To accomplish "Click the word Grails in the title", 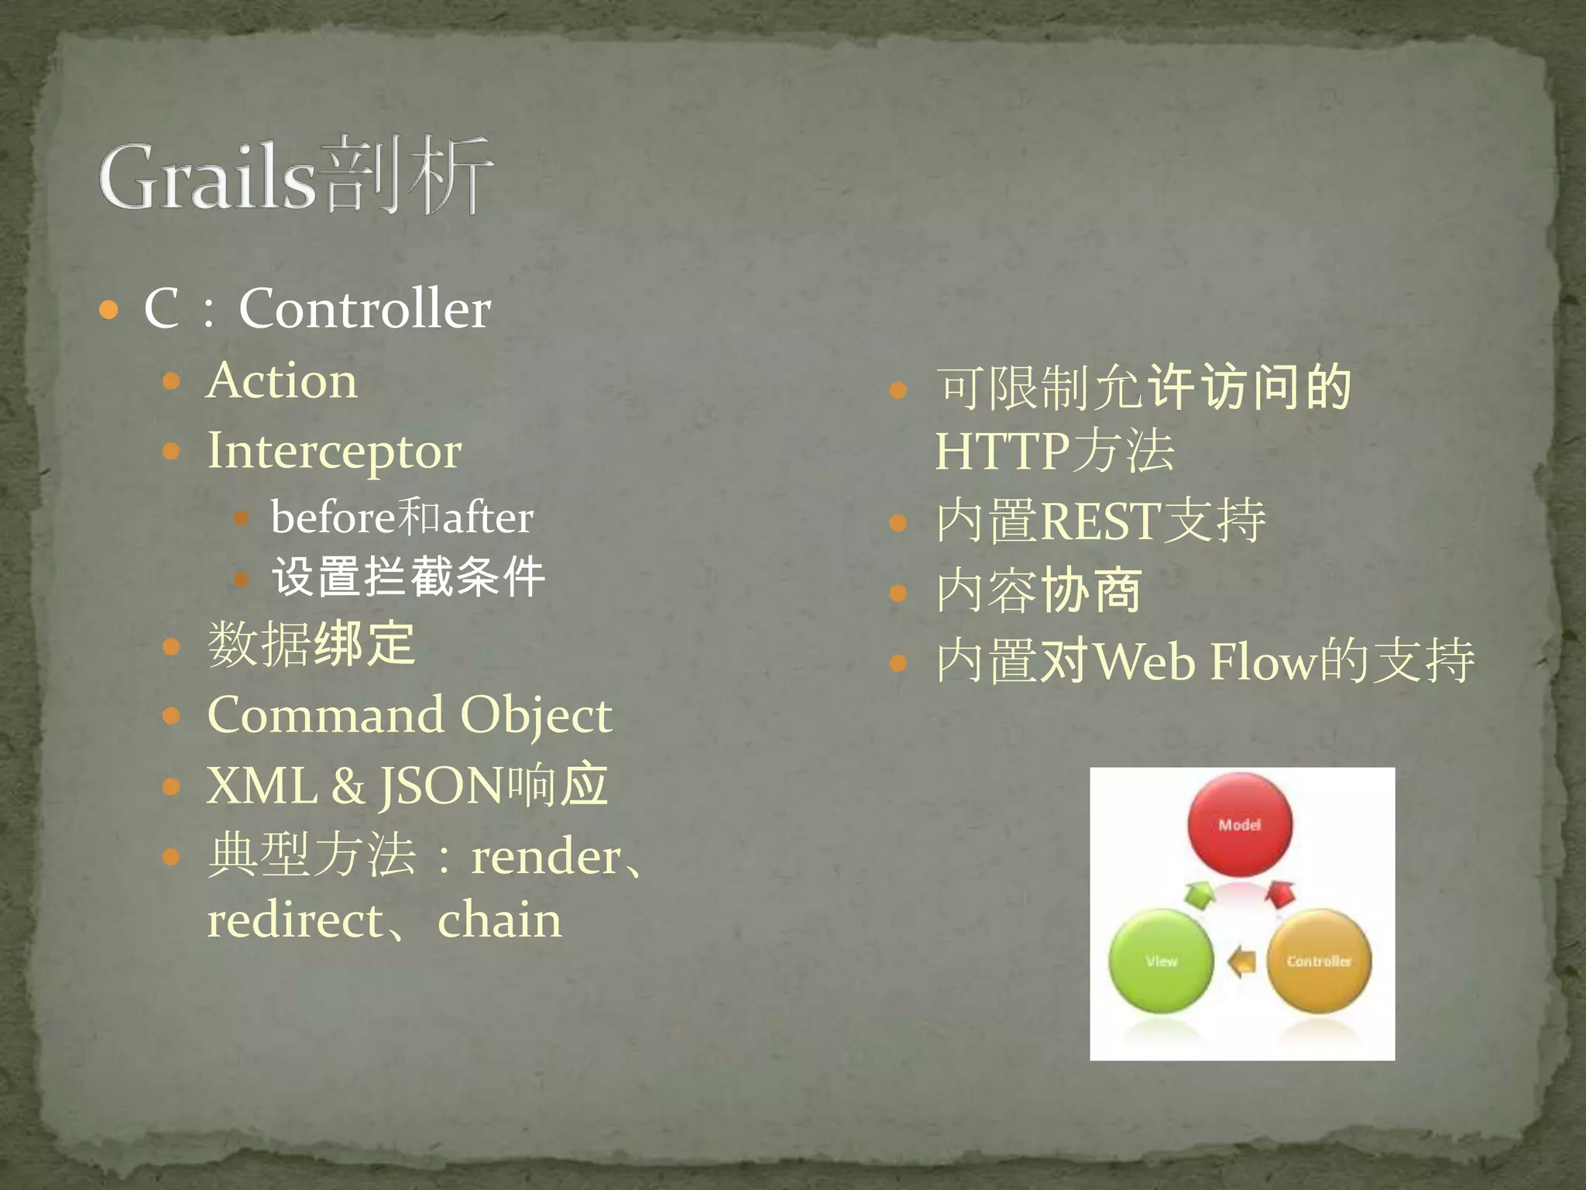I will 208,178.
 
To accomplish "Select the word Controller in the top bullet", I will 364,308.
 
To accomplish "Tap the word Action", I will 282,381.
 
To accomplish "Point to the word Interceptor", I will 335,452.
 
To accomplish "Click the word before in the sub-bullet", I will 333,517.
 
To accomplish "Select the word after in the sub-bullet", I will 488,517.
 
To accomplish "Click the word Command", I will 325,714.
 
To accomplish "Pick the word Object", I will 536,716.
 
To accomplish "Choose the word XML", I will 262,786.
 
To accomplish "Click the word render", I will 546,857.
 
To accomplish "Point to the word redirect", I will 295,920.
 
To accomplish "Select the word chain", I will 499,920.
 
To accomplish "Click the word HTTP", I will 1003,452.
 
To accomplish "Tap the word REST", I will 1100,521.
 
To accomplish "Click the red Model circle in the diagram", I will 1240,825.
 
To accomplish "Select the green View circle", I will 1161,961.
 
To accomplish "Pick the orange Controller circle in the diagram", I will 1319,961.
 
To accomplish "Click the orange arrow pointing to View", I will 1242,961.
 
